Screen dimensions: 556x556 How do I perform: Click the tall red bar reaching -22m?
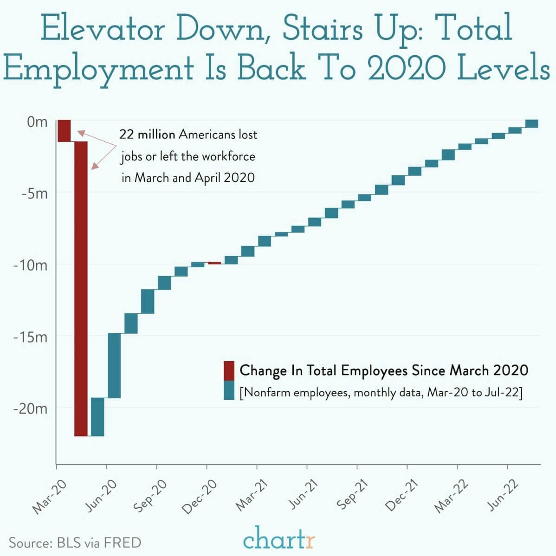(x=81, y=288)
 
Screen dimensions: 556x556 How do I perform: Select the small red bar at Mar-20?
(x=64, y=130)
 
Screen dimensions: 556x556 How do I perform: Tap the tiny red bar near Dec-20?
(x=214, y=263)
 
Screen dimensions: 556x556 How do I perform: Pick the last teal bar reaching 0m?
(x=531, y=123)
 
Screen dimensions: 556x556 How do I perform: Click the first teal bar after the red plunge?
(x=97, y=417)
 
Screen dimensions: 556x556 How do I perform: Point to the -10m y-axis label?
(x=31, y=265)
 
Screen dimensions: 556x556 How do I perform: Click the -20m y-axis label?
(x=31, y=409)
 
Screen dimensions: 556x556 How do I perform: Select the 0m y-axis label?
(x=37, y=123)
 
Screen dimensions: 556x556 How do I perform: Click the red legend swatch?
(x=229, y=370)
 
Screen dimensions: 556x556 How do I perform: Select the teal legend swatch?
(x=229, y=391)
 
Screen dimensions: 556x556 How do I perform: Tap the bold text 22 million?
(x=147, y=135)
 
